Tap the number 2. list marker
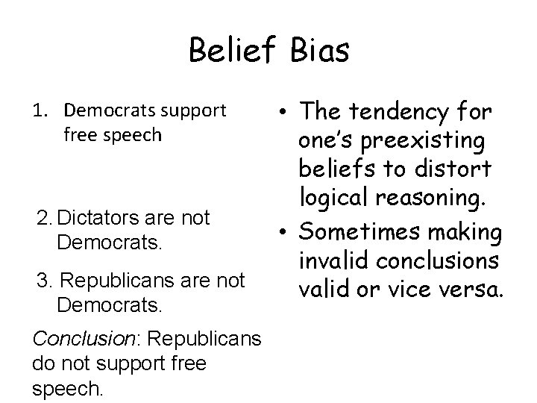coord(45,218)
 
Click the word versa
coord(465,288)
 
